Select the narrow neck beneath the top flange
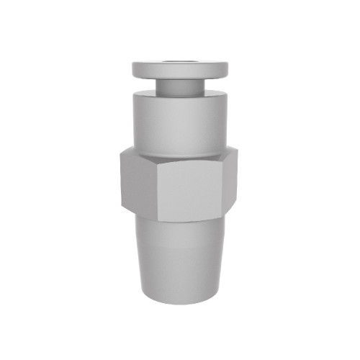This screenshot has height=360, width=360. point(179,86)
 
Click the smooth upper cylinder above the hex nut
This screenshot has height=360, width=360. point(180,122)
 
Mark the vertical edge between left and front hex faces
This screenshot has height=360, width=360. point(156,193)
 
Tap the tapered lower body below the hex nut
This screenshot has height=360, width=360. point(180,259)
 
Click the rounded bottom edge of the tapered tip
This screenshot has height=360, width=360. point(180,302)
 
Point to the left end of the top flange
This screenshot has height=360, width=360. point(132,70)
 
